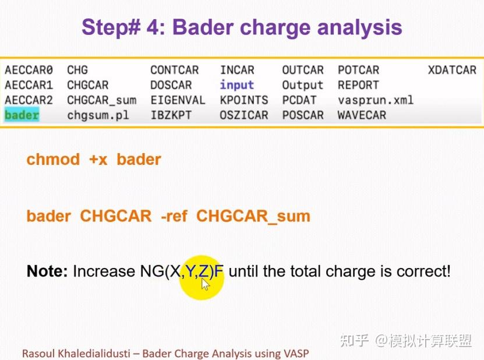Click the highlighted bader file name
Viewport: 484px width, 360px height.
click(x=22, y=115)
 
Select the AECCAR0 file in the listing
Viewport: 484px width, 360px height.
click(x=29, y=70)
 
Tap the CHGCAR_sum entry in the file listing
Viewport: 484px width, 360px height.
click(x=102, y=100)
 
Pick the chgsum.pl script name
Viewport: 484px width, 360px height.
click(x=98, y=115)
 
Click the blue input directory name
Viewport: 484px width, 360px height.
click(x=236, y=85)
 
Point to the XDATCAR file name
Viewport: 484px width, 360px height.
click(x=452, y=70)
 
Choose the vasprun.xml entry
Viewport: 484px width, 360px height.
click(x=376, y=100)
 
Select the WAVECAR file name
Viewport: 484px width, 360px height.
click(x=362, y=115)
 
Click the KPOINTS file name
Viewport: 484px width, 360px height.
click(x=244, y=100)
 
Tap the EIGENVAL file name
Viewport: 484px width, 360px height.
click(x=178, y=100)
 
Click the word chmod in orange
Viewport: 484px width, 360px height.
click(x=53, y=160)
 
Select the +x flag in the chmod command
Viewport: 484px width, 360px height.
click(x=98, y=160)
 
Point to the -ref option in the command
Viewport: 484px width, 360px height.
click(x=174, y=216)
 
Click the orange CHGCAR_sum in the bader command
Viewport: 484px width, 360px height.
click(x=253, y=216)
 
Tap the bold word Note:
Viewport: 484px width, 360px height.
click(x=47, y=271)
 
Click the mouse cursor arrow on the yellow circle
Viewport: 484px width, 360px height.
click(x=205, y=284)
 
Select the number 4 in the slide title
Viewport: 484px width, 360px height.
click(x=153, y=27)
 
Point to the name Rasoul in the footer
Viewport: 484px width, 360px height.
click(x=38, y=353)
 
